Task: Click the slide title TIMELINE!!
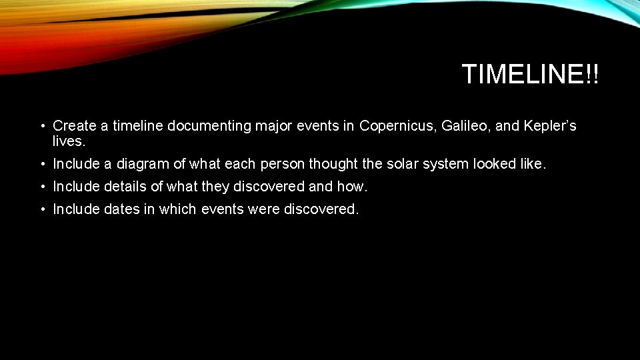(x=530, y=75)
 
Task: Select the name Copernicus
(x=397, y=125)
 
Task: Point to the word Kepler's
(x=551, y=125)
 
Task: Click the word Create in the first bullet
(x=72, y=125)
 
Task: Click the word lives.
(x=69, y=141)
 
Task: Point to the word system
(x=447, y=164)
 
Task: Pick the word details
(x=127, y=187)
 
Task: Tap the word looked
(x=495, y=164)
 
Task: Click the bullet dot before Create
(x=41, y=126)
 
